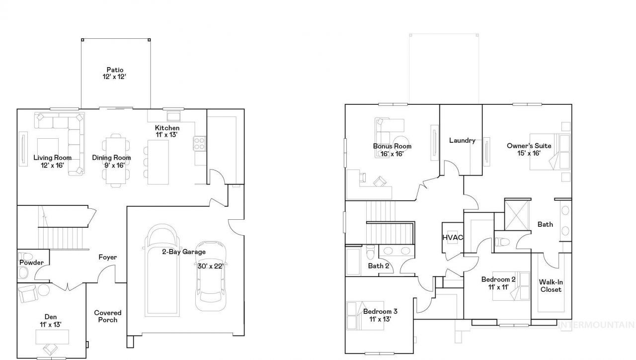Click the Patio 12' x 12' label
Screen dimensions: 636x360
click(114, 73)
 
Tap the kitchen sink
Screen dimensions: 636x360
click(173, 116)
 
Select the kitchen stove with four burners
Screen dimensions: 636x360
click(200, 144)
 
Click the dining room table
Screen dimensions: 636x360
click(116, 161)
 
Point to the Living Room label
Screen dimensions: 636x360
click(53, 158)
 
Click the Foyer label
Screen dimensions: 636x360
click(108, 257)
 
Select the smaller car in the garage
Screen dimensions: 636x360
click(211, 276)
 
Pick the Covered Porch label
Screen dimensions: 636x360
click(108, 316)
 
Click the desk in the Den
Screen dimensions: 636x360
click(52, 337)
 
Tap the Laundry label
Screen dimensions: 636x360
click(462, 140)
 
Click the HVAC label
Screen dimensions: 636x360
click(453, 237)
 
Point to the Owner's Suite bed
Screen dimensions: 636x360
click(550, 152)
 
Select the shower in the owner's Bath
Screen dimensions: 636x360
click(517, 215)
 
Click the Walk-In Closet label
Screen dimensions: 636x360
click(551, 286)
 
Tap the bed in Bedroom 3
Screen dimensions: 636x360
click(365, 316)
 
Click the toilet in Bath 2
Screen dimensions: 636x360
click(370, 252)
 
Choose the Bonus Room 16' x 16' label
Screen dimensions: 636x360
click(392, 150)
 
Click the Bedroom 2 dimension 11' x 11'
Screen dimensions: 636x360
click(498, 287)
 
